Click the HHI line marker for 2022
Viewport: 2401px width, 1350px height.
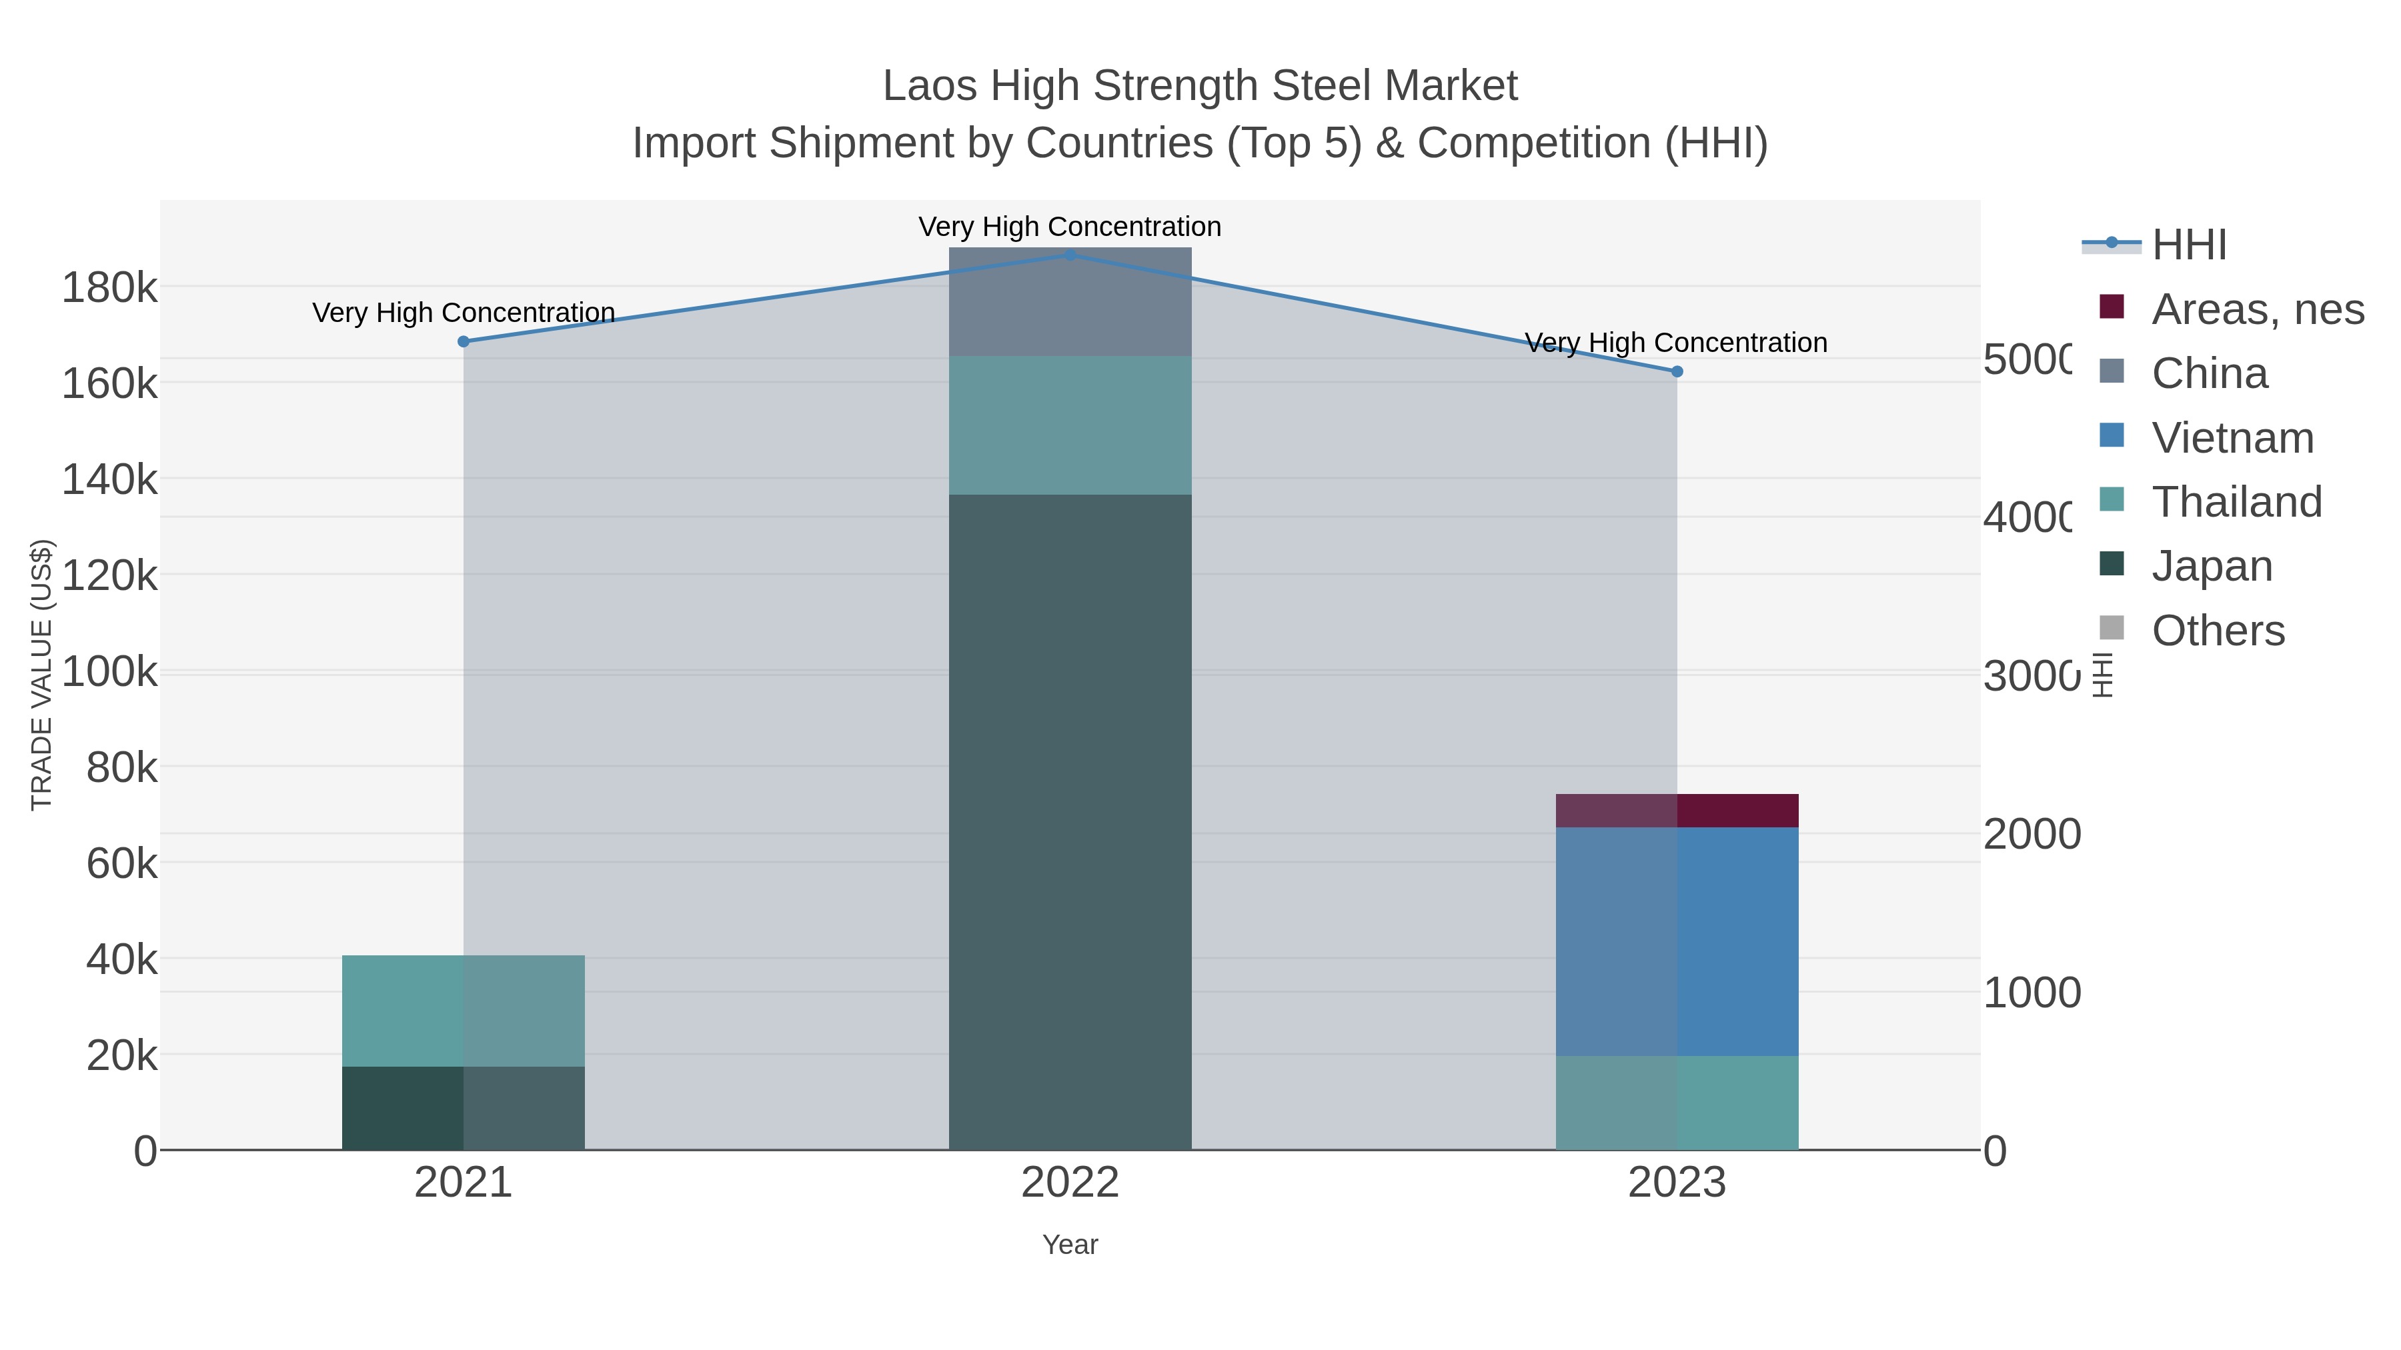point(1070,255)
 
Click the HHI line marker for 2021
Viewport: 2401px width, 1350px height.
point(464,342)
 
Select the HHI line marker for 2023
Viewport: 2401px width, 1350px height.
point(1677,372)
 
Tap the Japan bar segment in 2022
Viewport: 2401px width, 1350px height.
point(1070,820)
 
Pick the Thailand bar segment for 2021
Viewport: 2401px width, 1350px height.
point(464,1011)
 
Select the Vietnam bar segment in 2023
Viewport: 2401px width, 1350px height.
point(1677,941)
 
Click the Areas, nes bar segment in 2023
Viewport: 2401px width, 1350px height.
point(1677,811)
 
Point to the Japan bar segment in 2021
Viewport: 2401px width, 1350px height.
point(464,1109)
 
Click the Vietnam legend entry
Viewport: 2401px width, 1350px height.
point(2232,438)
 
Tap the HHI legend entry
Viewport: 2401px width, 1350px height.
point(2188,245)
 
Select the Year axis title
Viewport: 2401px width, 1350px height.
point(1070,1245)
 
